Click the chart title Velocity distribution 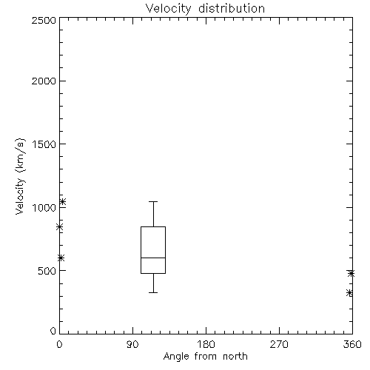click(x=205, y=9)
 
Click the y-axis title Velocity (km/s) click(x=20, y=176)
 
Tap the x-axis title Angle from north click(x=206, y=357)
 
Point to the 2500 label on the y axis click(x=44, y=20)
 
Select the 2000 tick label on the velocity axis click(x=44, y=81)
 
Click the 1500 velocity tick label click(x=44, y=144)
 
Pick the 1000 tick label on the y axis click(x=44, y=207)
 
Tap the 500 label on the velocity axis click(x=47, y=271)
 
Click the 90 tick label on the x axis click(x=132, y=344)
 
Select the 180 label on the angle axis click(x=206, y=344)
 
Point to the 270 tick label click(x=279, y=344)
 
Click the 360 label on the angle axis click(x=352, y=344)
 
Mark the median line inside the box click(x=153, y=258)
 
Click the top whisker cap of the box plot click(x=153, y=201)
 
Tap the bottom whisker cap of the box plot click(x=153, y=292)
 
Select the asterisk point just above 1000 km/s click(x=63, y=202)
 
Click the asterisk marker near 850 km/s click(x=59, y=227)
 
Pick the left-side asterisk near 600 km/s click(x=61, y=258)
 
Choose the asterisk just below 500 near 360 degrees click(x=351, y=273)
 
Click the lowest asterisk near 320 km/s click(x=349, y=293)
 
